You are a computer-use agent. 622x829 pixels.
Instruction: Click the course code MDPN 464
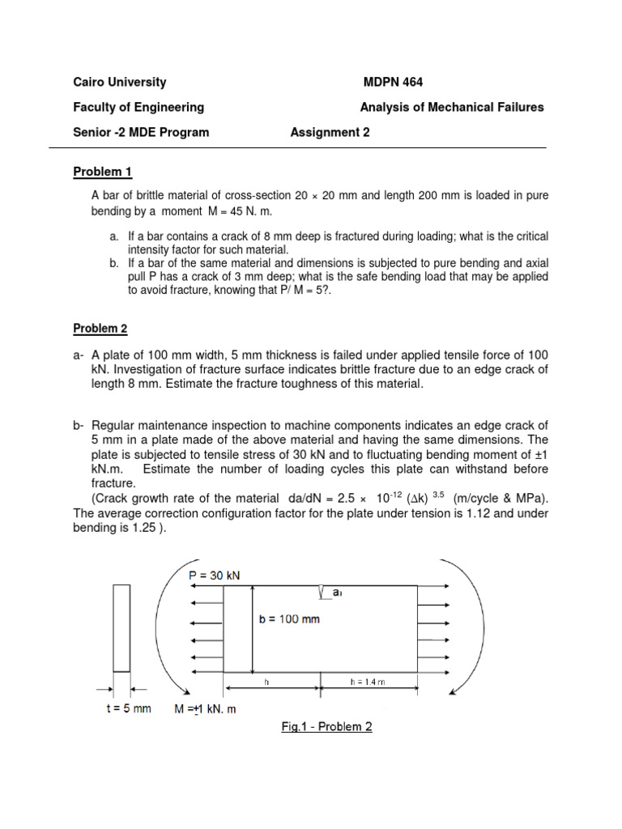tap(393, 82)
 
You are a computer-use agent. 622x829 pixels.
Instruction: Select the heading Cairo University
tap(120, 82)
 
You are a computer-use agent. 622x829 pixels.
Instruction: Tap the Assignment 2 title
tap(330, 133)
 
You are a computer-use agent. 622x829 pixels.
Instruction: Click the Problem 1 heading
tap(102, 172)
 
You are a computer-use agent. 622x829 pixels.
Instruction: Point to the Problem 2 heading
tap(100, 328)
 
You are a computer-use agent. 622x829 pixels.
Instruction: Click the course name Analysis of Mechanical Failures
tap(452, 107)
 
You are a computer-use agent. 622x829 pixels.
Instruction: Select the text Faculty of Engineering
tap(138, 107)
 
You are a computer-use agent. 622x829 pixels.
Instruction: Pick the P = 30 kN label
tap(214, 575)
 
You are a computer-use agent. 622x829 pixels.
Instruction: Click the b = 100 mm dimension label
tap(290, 620)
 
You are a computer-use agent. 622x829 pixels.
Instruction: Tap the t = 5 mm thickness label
tap(125, 709)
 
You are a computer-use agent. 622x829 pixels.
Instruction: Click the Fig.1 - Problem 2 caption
tap(326, 727)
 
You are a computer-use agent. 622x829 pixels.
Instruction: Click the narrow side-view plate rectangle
tap(121, 627)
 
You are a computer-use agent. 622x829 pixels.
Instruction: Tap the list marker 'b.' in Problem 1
tap(113, 263)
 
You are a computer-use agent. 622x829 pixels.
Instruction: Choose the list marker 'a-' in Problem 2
tap(79, 355)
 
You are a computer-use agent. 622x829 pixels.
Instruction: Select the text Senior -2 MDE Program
tap(141, 133)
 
